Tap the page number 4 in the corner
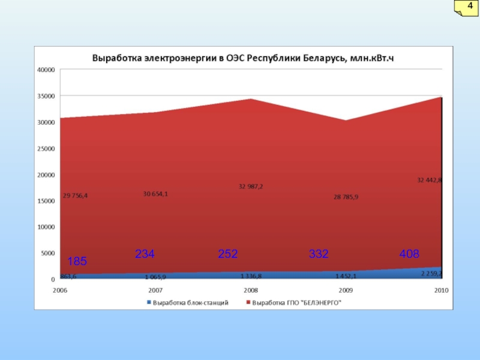pos(470,7)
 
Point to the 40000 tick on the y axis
pos(46,70)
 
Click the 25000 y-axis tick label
pos(46,148)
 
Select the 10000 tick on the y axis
pos(46,227)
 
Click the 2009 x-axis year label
pos(346,290)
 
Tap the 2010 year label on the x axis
pos(442,290)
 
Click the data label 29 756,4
pos(75,195)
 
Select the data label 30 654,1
pos(155,193)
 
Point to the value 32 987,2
pos(250,187)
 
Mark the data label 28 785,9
pos(346,197)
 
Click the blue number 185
pos(77,262)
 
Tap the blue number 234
pos(145,254)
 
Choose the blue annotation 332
pos(319,254)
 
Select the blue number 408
pos(409,254)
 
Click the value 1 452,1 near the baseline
pos(346,276)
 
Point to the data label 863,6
pos(68,276)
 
